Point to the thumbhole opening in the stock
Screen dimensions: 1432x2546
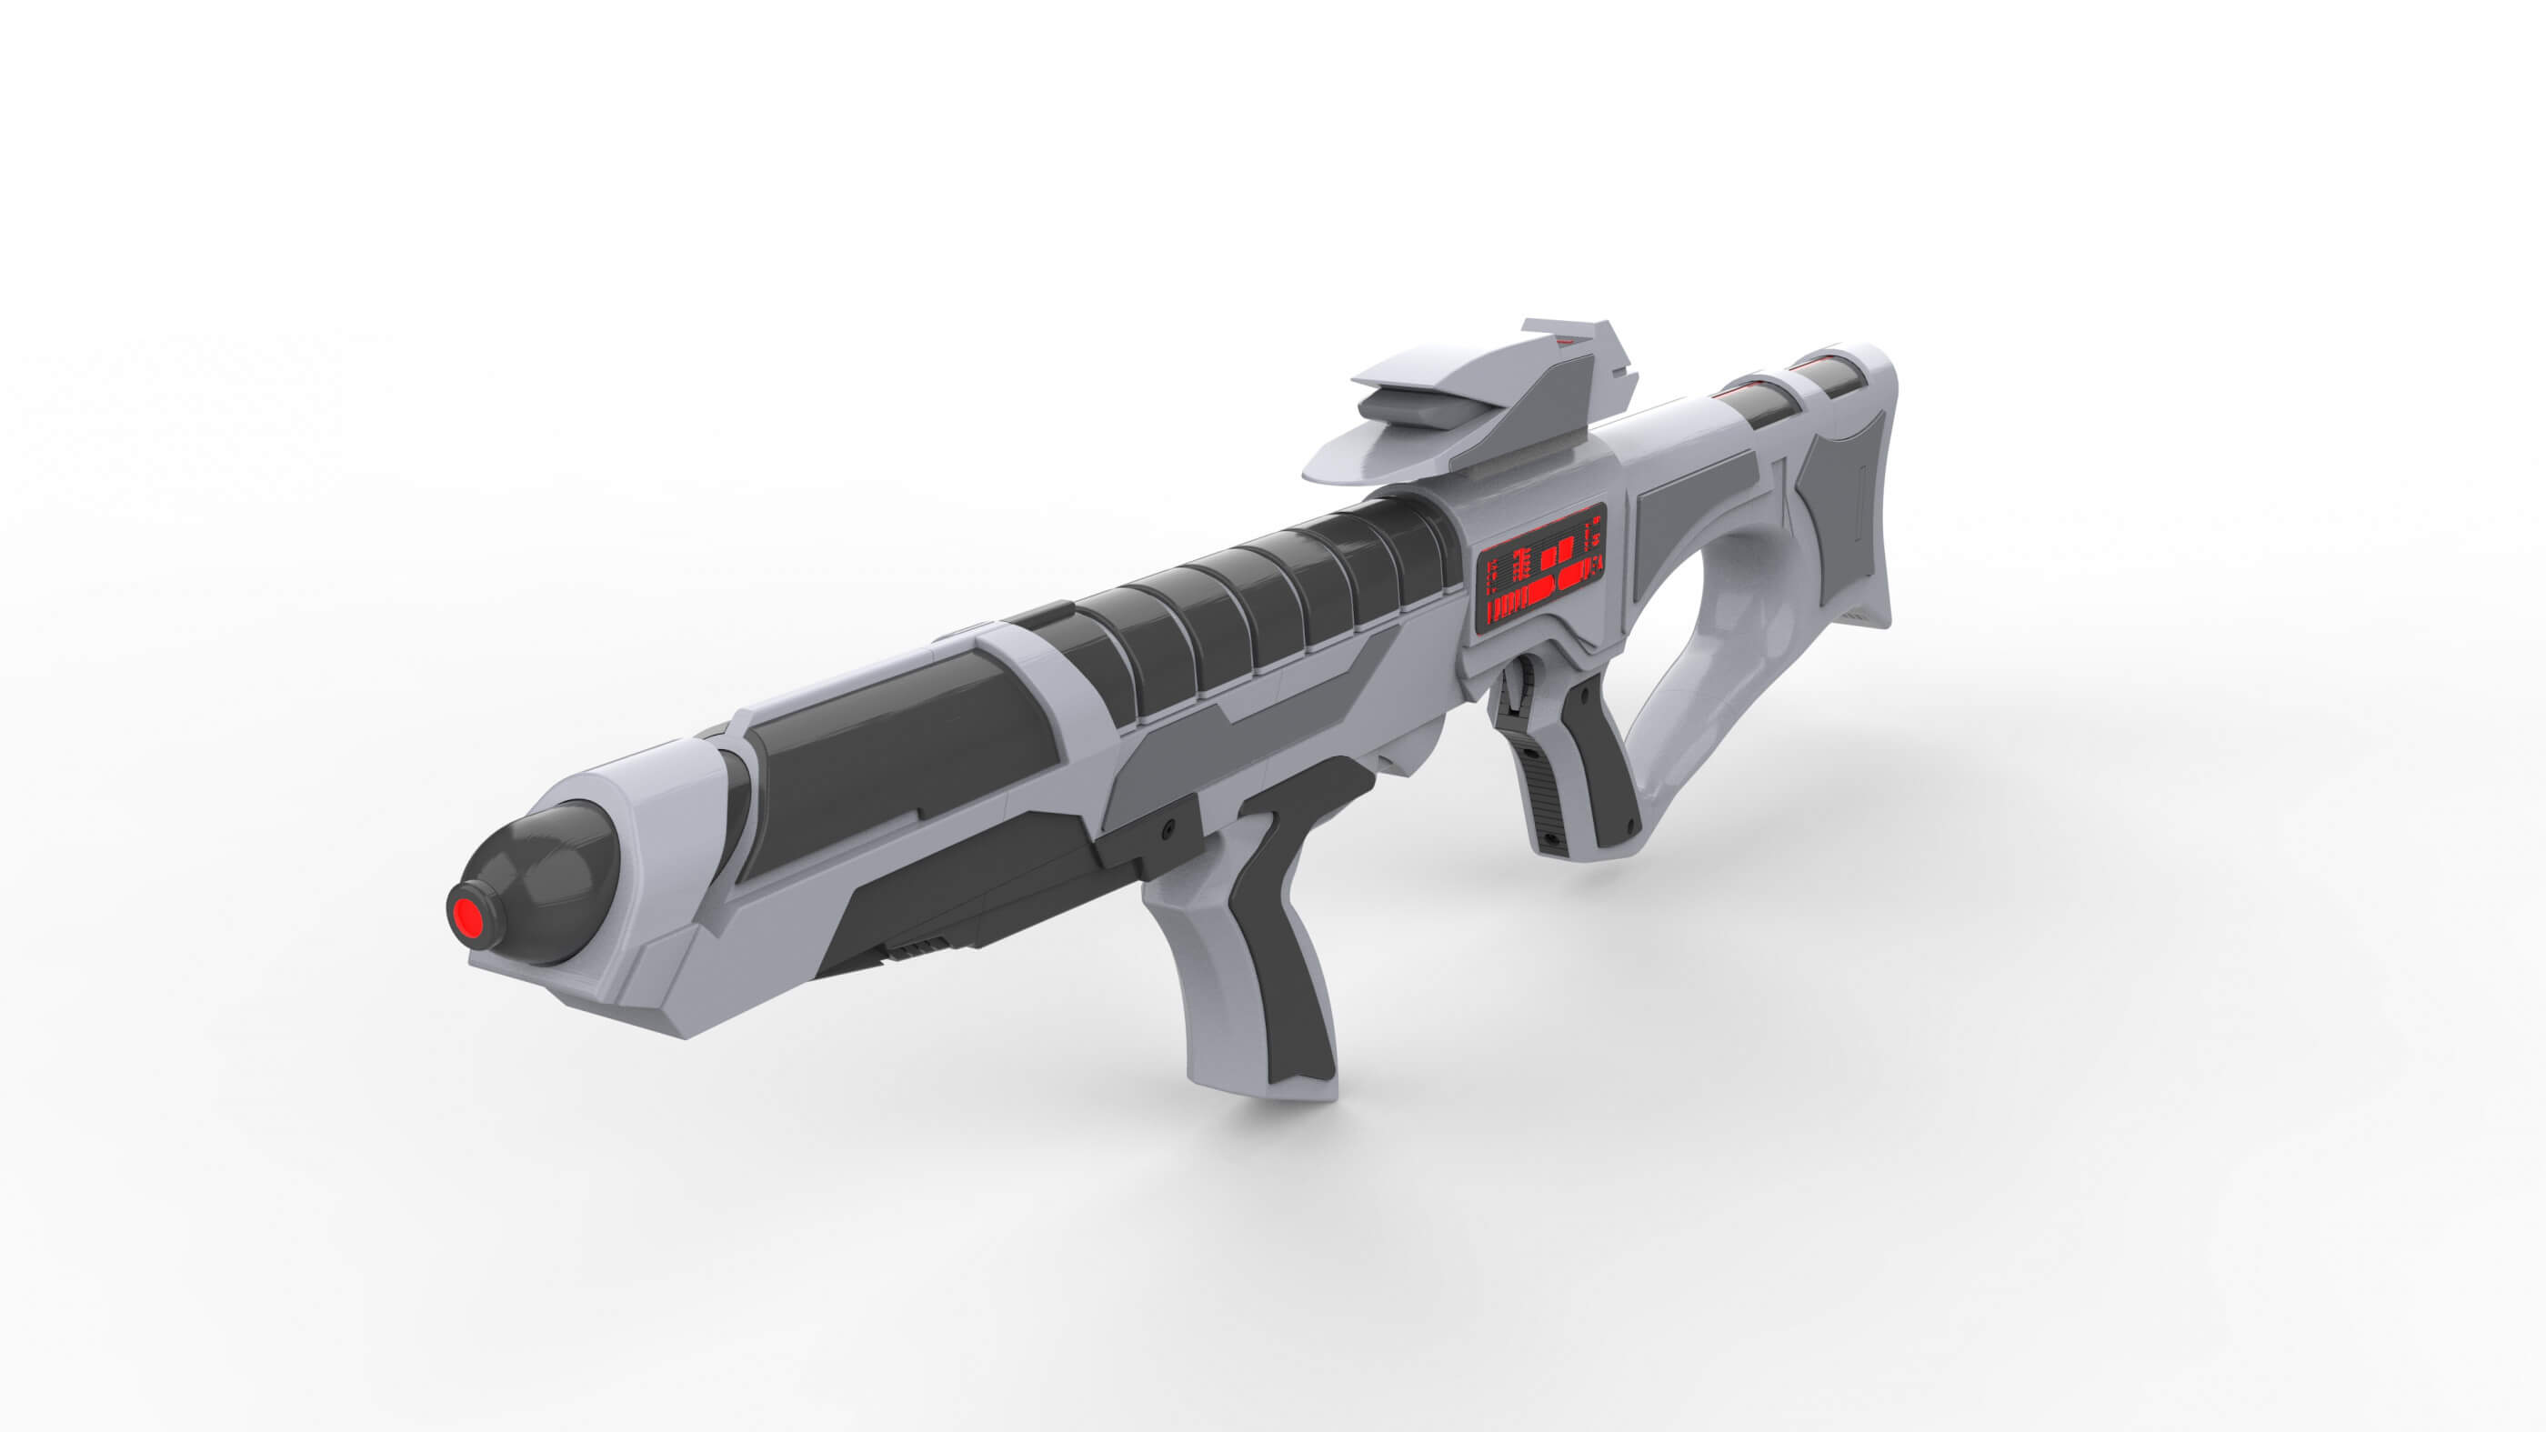pos(1700,633)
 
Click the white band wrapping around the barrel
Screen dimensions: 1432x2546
pos(1037,682)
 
